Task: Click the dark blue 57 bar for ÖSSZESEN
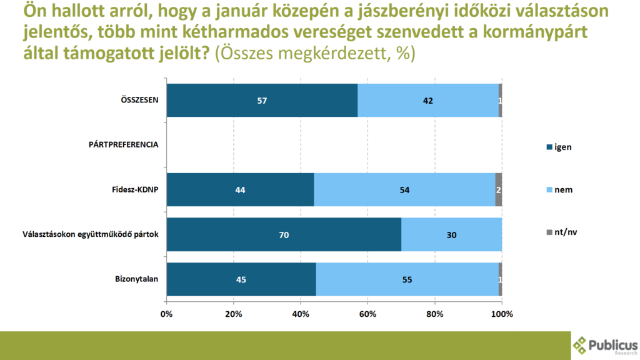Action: click(262, 100)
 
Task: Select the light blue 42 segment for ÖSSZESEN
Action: click(428, 100)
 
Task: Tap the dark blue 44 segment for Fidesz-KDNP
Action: click(240, 189)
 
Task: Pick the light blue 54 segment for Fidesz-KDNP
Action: click(404, 189)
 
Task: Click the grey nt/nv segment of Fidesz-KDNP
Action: click(499, 189)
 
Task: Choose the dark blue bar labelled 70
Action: click(284, 234)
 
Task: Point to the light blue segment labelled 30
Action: click(451, 234)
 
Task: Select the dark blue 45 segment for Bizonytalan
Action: click(241, 279)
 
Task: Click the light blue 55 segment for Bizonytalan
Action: click(407, 279)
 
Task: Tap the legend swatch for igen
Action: click(550, 147)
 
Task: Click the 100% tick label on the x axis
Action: click(502, 314)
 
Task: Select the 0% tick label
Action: click(167, 314)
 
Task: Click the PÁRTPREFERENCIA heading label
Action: click(124, 144)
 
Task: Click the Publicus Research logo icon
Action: click(581, 346)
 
